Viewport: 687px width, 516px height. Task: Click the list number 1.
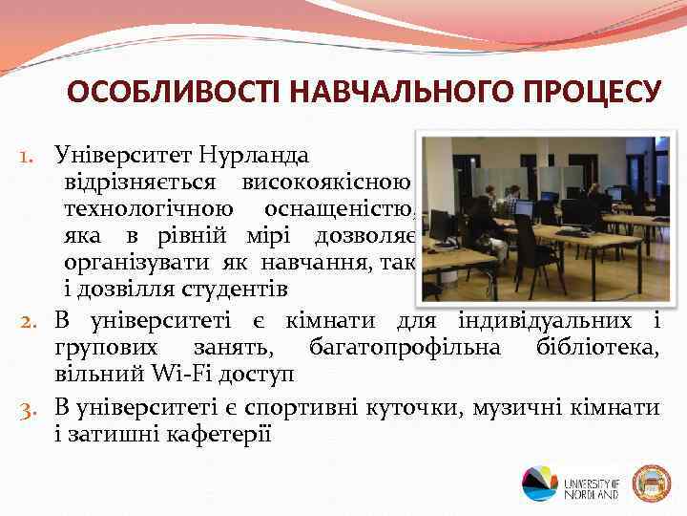(x=31, y=154)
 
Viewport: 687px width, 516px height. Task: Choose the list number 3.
(x=31, y=409)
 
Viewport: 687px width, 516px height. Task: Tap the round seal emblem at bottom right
(x=653, y=483)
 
